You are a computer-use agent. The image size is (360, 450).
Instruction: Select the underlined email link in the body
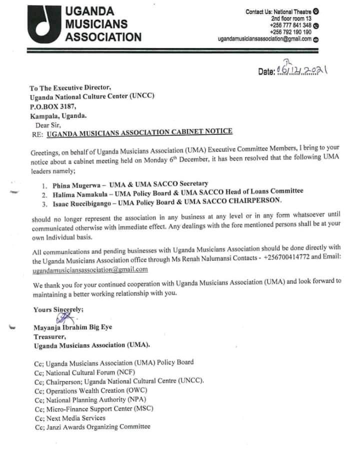coord(90,269)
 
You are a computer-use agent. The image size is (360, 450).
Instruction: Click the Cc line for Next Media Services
coord(69,417)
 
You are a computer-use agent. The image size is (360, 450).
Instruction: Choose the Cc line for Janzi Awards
coord(92,426)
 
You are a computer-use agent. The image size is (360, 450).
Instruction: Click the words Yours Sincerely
coord(58,309)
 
